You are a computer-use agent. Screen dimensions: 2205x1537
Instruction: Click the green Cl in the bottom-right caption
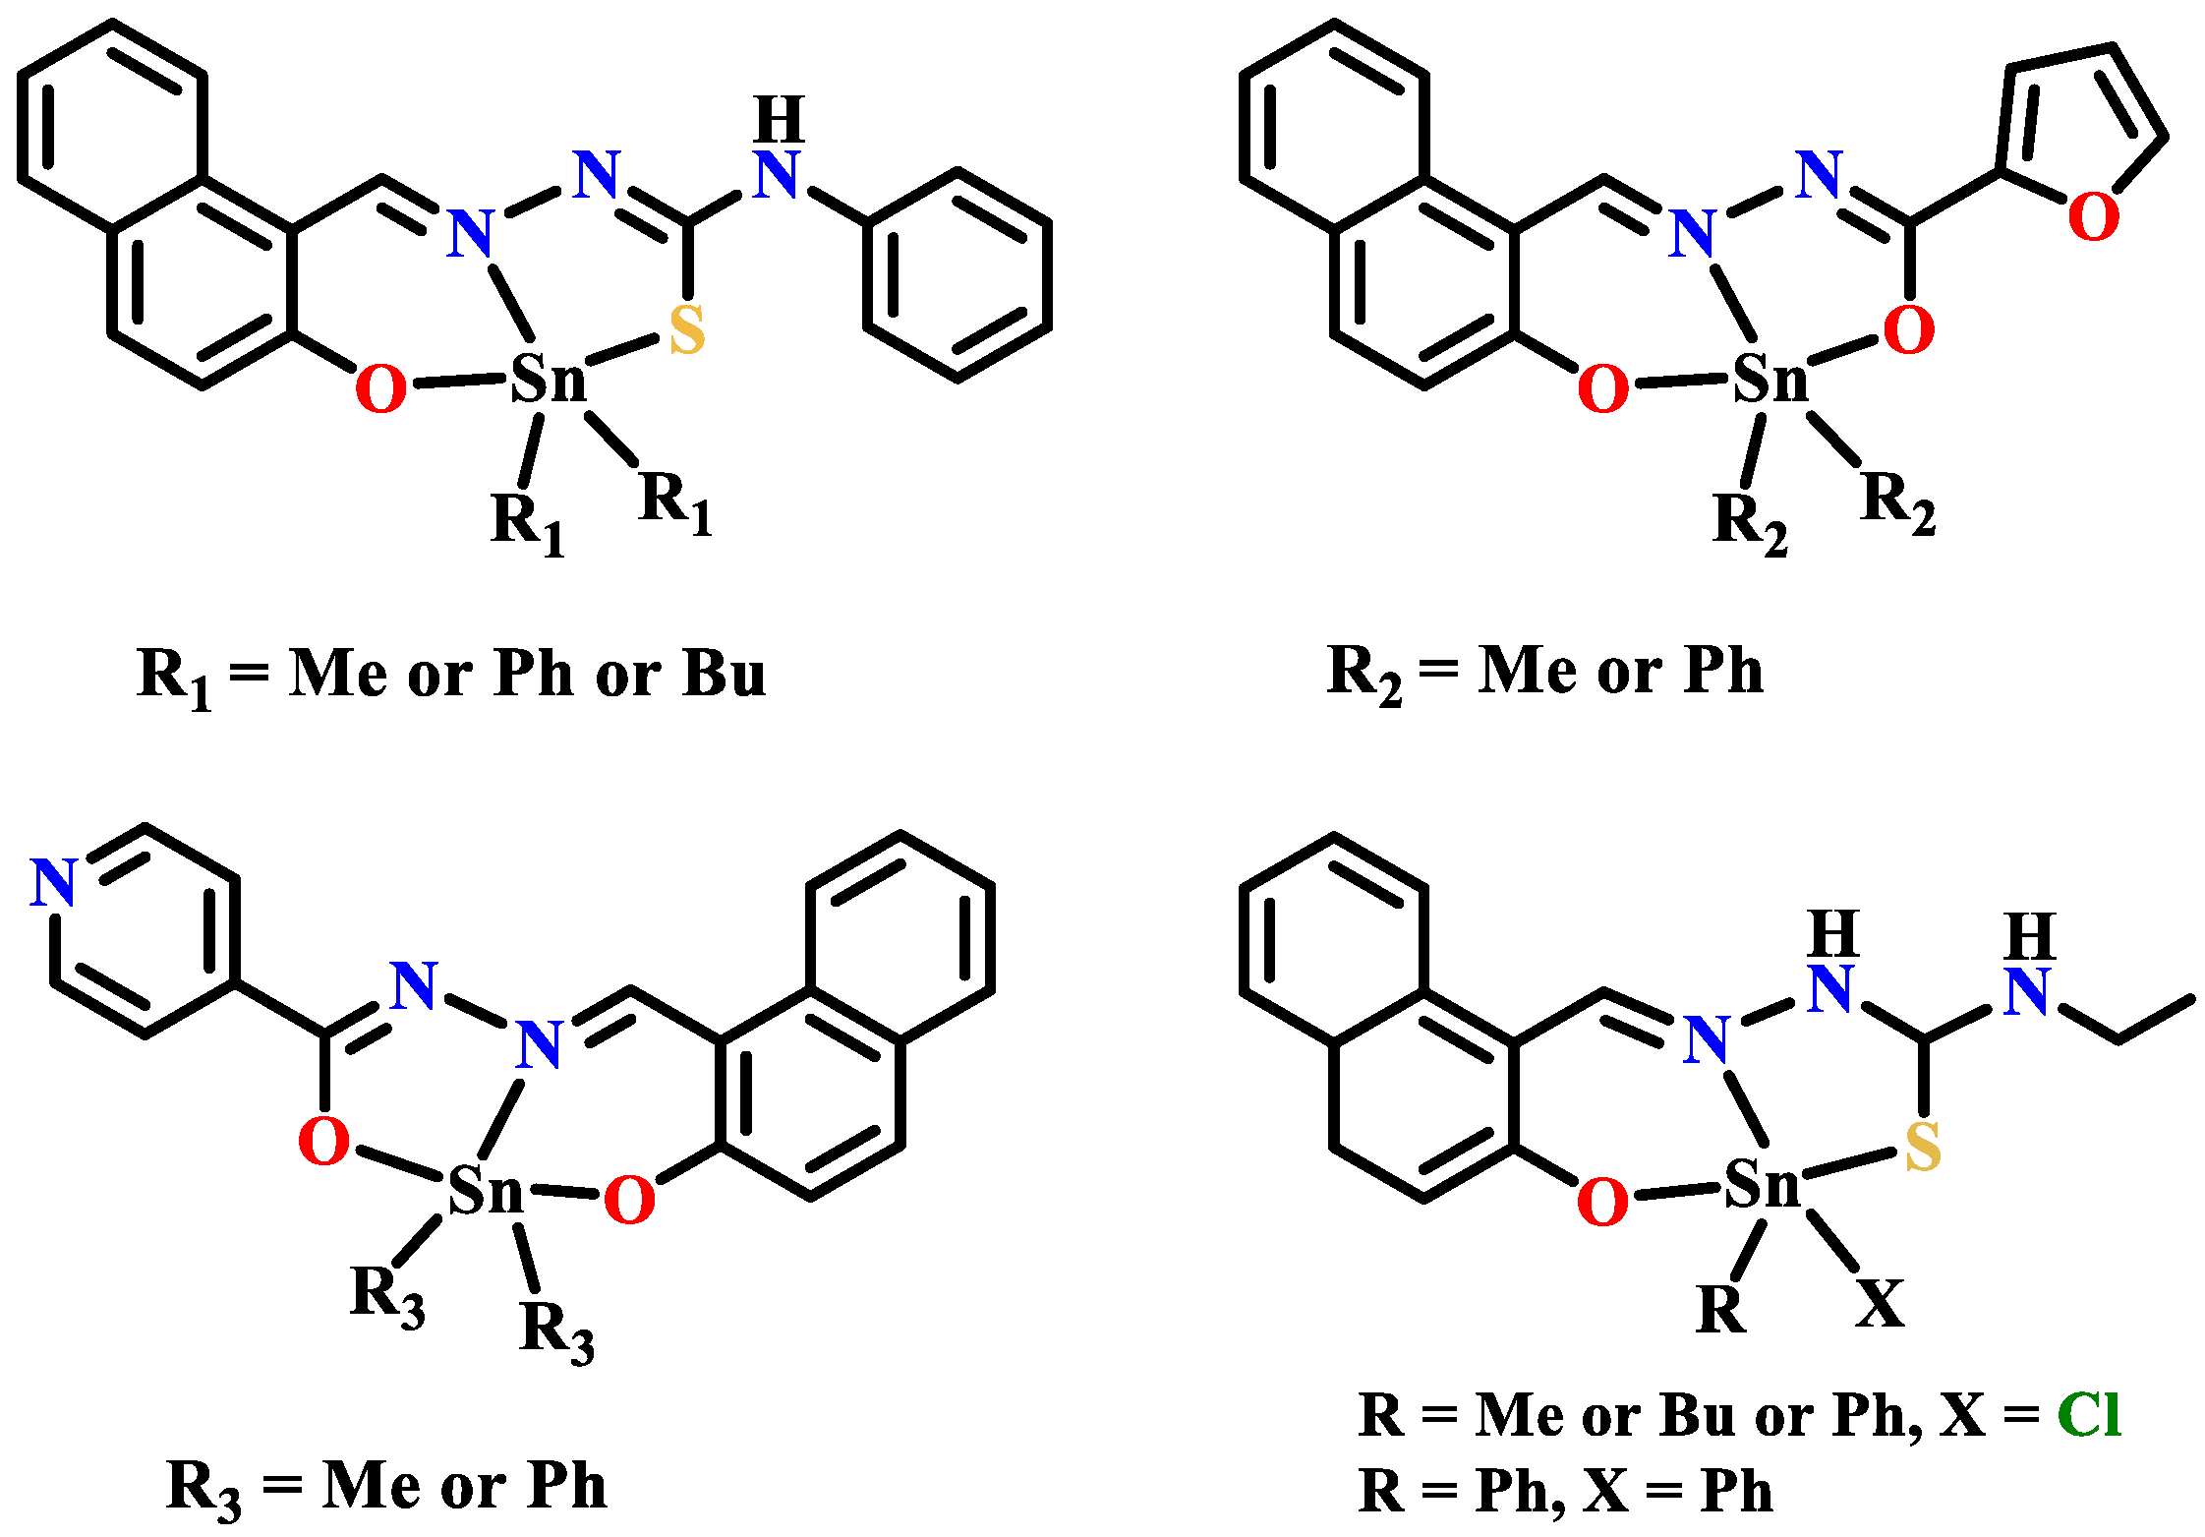(x=2089, y=1415)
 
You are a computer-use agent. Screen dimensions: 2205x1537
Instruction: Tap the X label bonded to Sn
(x=1880, y=1304)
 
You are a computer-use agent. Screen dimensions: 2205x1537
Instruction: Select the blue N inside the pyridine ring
(x=54, y=882)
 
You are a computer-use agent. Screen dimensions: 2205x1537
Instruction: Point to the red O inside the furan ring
(x=2093, y=216)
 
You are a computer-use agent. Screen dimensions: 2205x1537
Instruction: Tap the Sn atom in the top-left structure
(x=549, y=378)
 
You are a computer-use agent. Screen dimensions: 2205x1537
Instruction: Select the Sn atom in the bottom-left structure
(x=486, y=1191)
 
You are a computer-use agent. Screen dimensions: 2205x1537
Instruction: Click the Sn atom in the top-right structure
(x=1770, y=378)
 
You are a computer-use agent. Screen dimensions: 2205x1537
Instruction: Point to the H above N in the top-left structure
(x=780, y=120)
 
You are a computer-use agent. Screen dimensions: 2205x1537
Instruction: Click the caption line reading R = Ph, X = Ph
(x=1565, y=1492)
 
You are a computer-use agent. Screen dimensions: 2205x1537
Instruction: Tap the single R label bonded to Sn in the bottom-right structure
(x=1721, y=1310)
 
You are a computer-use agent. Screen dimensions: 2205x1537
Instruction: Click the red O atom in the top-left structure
(x=380, y=388)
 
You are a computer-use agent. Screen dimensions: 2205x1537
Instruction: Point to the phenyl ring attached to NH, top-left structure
(x=957, y=274)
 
